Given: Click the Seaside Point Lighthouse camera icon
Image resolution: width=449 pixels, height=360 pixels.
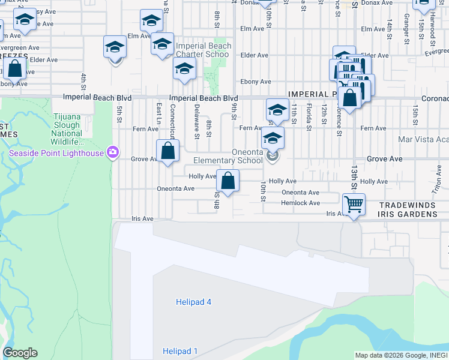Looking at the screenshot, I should click(x=112, y=152).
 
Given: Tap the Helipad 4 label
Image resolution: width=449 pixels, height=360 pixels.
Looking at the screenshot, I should click(x=193, y=302).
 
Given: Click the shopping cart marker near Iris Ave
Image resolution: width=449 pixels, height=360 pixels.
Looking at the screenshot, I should click(x=354, y=205).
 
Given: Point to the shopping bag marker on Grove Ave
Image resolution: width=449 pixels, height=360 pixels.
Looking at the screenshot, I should click(x=168, y=151).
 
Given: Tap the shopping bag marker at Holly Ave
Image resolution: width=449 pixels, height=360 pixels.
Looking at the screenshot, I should click(x=228, y=180).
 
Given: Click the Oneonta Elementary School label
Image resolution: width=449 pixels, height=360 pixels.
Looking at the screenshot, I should click(x=228, y=156).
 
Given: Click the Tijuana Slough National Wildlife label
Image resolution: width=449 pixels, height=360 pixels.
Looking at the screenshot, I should click(x=67, y=129).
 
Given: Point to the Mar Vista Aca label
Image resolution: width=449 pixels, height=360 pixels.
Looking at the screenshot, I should click(x=423, y=139).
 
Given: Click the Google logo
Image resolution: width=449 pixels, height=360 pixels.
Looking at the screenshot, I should click(x=20, y=353).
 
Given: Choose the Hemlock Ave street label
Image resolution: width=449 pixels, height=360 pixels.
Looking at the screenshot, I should click(x=301, y=203).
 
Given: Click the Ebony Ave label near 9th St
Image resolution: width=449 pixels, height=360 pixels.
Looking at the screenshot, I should click(x=256, y=82).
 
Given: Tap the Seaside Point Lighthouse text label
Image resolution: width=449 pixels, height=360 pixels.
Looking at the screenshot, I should click(x=56, y=152).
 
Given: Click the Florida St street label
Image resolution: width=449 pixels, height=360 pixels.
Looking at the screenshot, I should click(x=309, y=116).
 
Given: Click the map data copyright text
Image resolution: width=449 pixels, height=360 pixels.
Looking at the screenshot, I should click(x=401, y=355).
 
